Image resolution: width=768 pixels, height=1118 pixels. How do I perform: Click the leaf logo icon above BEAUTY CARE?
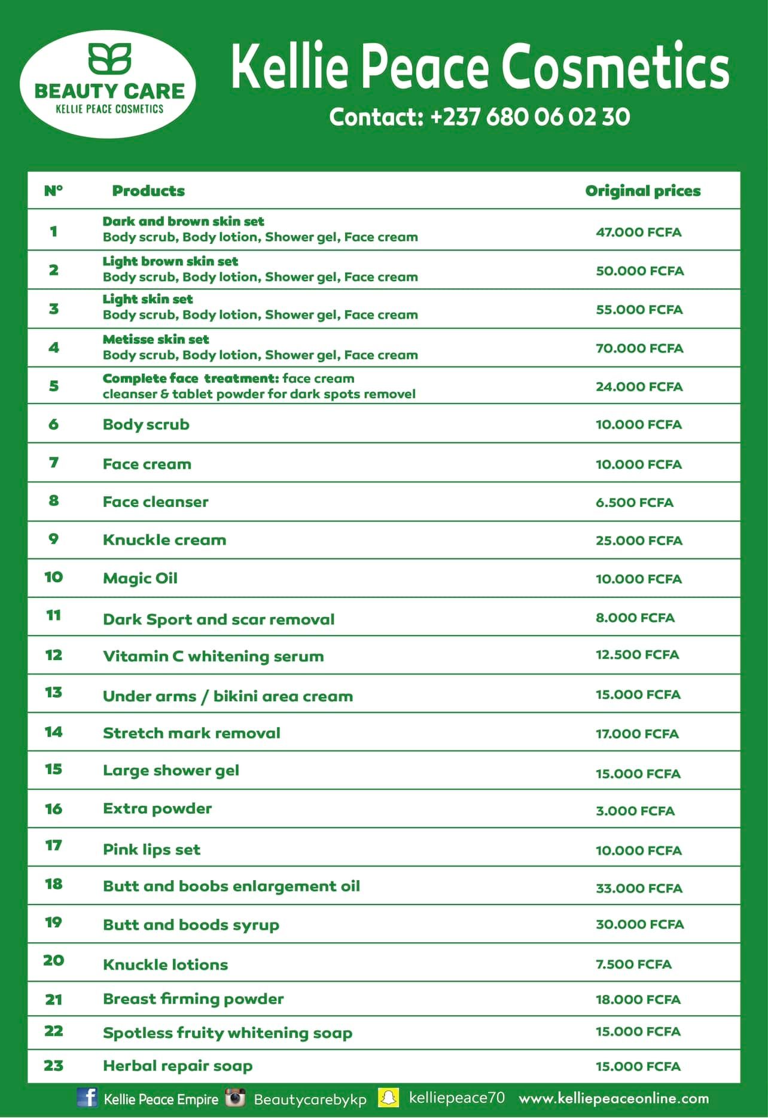coord(109,59)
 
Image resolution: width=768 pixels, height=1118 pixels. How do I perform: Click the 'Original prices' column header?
coord(642,191)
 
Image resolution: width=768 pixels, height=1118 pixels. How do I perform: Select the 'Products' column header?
coord(148,191)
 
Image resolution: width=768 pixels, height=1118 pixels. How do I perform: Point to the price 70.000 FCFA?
coord(639,348)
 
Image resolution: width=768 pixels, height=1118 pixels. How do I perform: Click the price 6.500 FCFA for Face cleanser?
coord(634,502)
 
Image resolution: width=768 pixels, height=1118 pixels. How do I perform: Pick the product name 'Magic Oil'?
coord(140,578)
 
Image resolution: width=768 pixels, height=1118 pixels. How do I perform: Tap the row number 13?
coord(53,692)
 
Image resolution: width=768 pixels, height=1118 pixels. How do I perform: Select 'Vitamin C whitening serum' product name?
coord(213,656)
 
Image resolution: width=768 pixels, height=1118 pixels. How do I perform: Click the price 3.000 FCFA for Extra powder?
coord(635,811)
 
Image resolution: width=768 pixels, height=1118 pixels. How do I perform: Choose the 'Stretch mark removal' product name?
coord(191,733)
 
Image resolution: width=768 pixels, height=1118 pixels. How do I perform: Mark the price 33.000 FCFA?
coord(638,888)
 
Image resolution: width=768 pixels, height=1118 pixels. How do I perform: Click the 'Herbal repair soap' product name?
coord(178,1065)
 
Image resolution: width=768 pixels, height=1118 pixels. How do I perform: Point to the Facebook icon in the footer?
coord(87,1097)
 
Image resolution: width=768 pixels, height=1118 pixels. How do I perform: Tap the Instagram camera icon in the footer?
coord(235,1098)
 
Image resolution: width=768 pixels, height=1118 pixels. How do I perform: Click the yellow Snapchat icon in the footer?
coord(389,1098)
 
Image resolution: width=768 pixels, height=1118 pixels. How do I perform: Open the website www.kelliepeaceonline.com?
coord(614,1098)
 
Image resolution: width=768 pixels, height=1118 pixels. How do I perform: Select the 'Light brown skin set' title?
coord(170,261)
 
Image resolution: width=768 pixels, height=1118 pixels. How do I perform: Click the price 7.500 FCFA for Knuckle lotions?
coord(633,964)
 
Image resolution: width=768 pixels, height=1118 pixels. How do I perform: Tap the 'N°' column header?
coord(53,191)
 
